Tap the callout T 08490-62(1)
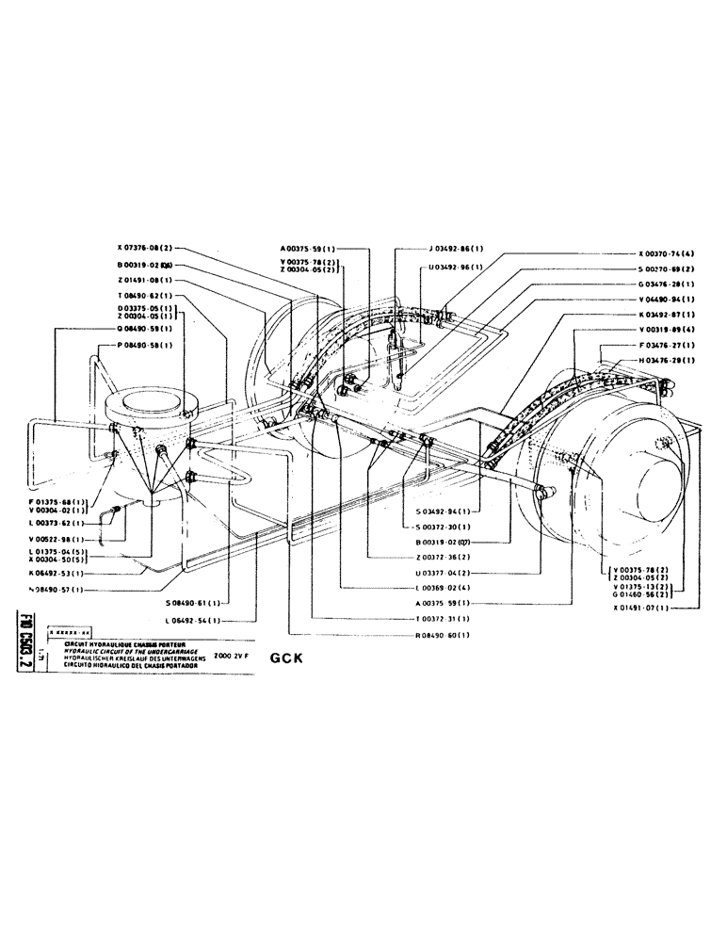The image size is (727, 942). pos(146,296)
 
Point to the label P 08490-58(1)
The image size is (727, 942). pos(145,346)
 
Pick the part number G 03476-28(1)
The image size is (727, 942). pos(666,284)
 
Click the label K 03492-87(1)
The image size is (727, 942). pos(666,314)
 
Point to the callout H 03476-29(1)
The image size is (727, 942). pos(666,360)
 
